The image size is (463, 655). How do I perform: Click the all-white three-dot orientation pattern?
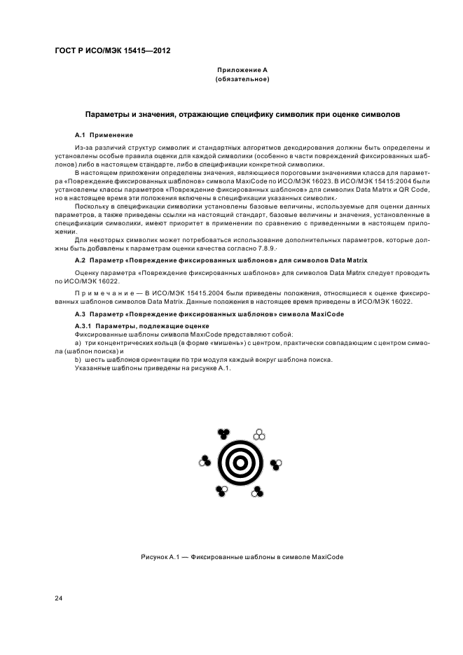(258, 435)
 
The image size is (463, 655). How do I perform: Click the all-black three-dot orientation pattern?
(223, 434)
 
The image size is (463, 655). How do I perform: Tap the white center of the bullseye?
(241, 463)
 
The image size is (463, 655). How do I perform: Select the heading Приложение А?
(242, 71)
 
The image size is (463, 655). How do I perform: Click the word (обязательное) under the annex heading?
(242, 80)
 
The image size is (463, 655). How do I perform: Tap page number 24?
(58, 598)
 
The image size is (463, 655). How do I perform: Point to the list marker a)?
(78, 343)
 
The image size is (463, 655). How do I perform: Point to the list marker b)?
(78, 360)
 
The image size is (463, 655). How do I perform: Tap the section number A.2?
(80, 260)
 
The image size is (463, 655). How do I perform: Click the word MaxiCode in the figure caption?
(326, 558)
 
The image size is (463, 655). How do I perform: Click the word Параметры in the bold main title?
(109, 113)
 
